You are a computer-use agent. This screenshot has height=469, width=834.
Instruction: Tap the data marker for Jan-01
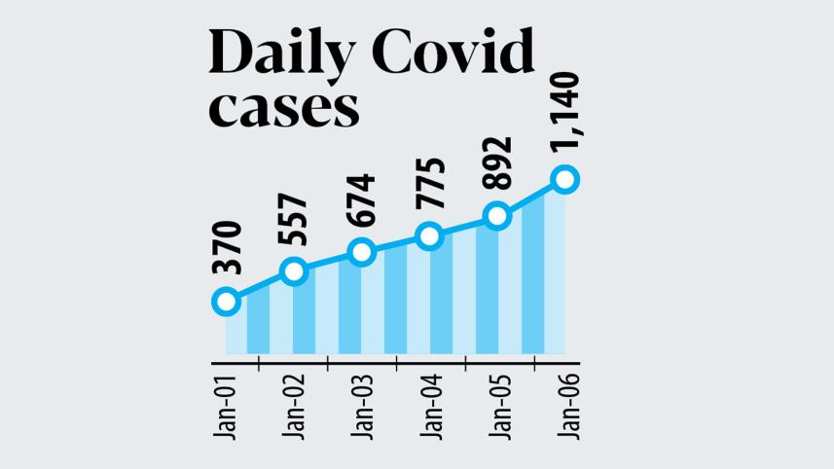tap(226, 301)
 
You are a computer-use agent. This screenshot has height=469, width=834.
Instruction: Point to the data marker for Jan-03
tap(361, 251)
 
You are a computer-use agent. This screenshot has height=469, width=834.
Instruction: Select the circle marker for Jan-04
tap(429, 235)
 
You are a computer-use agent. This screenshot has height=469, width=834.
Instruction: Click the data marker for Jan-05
tap(496, 216)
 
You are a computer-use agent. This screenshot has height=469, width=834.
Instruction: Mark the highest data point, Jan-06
tap(564, 179)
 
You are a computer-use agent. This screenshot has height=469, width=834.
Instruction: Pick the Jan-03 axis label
tap(362, 405)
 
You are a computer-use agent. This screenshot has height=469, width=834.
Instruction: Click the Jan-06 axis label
tap(565, 405)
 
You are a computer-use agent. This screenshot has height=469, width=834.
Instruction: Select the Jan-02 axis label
tap(294, 405)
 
